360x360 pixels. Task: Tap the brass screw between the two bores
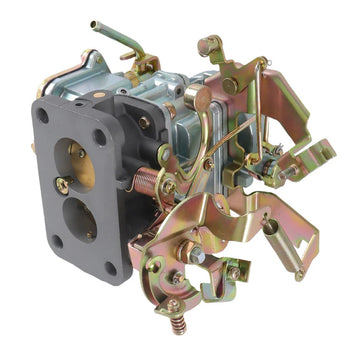point(63,185)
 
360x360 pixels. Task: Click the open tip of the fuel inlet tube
point(94,24)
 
